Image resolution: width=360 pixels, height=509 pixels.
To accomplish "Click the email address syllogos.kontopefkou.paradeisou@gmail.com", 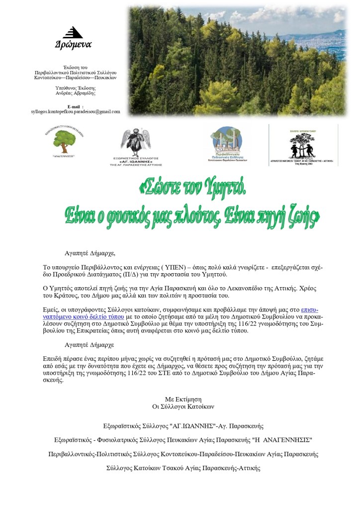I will (76, 111).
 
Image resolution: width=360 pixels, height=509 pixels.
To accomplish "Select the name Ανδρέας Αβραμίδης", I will (76, 93).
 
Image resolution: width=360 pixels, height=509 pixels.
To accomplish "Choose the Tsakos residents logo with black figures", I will (303, 146).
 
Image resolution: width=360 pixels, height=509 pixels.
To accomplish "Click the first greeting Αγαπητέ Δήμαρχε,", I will (90, 253).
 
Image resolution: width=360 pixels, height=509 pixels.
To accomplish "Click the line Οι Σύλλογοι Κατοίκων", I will (183, 406).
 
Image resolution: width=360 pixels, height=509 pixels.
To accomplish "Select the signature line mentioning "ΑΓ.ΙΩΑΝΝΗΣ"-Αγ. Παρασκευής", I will (183, 426).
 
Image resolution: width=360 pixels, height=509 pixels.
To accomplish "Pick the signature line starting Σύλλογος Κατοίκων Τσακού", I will (183, 468).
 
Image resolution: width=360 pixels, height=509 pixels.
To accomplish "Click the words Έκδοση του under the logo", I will (76, 67).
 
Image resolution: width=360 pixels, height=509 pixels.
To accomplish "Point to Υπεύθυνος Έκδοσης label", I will (76, 88).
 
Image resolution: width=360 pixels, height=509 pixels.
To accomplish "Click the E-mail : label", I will (76, 106).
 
